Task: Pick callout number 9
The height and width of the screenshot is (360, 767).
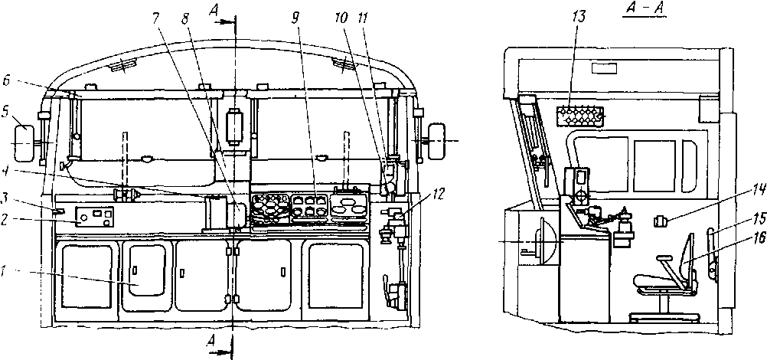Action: [x=295, y=18]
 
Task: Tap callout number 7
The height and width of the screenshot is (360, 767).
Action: [x=155, y=18]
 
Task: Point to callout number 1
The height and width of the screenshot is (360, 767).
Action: [x=5, y=270]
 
